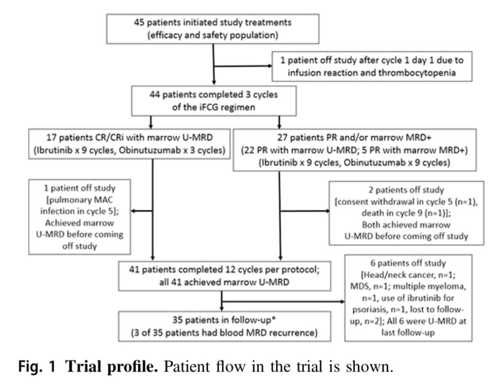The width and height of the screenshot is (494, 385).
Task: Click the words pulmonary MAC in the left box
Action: coord(80,201)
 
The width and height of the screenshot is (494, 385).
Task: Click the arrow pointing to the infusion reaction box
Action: coord(268,66)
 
